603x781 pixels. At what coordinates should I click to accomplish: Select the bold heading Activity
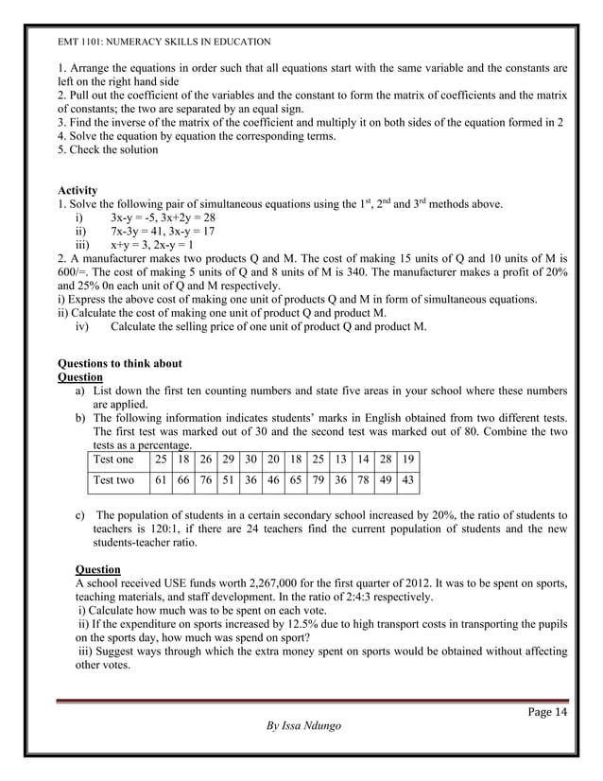[x=78, y=190]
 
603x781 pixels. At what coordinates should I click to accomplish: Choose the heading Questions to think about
[x=120, y=363]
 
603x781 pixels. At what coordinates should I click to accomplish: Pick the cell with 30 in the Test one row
[x=250, y=460]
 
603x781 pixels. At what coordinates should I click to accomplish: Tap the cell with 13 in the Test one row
[x=341, y=460]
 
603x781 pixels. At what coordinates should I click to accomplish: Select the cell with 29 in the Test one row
[x=228, y=460]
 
